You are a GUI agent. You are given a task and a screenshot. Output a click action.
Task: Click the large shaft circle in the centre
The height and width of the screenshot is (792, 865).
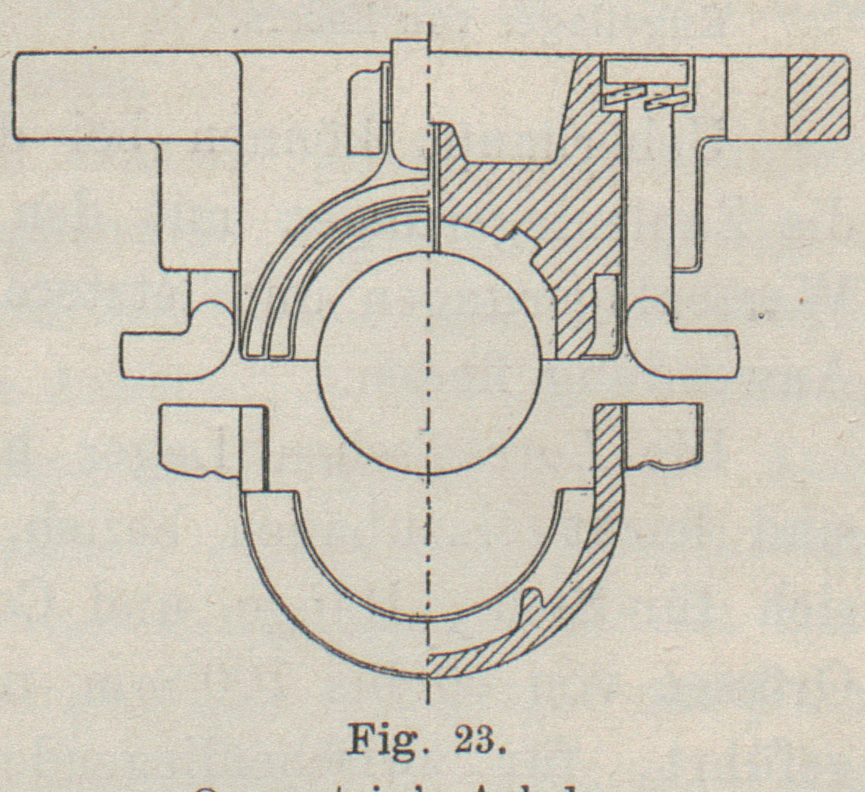click(430, 362)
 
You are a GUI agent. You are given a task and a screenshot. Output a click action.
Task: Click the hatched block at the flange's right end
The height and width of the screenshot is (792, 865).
click(817, 98)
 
